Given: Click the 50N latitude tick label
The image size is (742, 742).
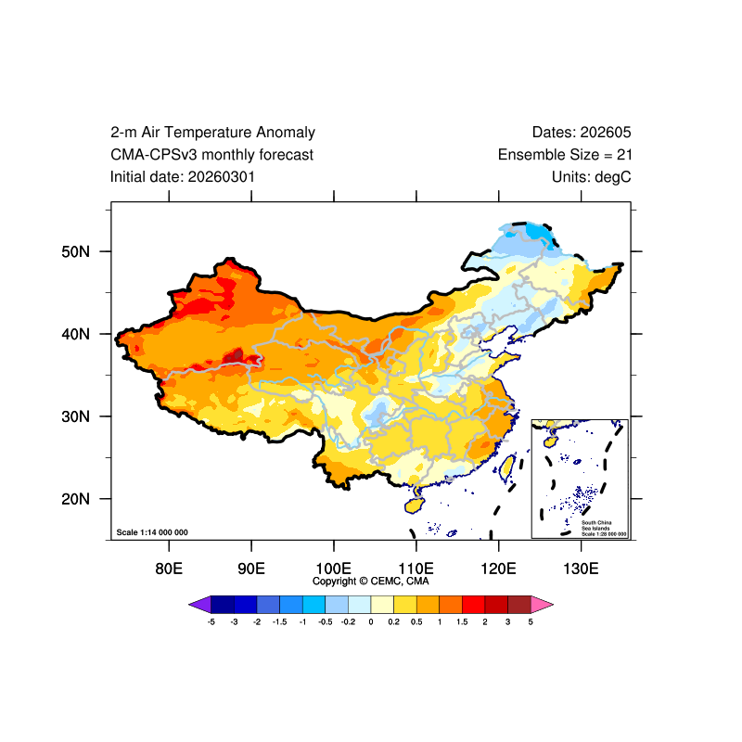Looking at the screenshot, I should coord(74,251).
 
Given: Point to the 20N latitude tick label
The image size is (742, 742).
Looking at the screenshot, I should coord(74,499).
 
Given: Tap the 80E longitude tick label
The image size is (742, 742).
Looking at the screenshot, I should coord(168,568).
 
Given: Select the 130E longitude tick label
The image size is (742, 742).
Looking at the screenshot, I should coord(581,568).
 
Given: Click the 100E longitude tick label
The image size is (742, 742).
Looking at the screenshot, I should coord(333,568).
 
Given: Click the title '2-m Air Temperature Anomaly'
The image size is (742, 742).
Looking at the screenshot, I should coord(212,133).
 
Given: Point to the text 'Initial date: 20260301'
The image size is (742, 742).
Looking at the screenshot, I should coord(183,176).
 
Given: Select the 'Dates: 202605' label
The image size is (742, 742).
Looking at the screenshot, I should coord(582,133).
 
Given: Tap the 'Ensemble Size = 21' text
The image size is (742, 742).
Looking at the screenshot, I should coord(565,155).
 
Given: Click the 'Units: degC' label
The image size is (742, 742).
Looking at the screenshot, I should coord(591,176).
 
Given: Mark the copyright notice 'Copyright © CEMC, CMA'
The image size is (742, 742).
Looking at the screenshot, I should coord(371,582).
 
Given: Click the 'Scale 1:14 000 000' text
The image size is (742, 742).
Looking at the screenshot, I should coord(152,532).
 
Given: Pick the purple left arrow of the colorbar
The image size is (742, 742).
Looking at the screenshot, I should coord(198,605).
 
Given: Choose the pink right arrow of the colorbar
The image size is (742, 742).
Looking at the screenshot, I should coord(543,605).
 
